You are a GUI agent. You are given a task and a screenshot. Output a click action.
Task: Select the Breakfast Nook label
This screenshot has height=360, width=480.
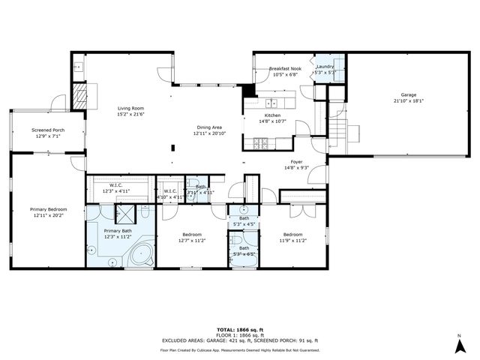(x=284, y=69)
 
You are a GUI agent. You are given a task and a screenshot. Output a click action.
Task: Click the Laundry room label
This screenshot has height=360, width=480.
(x=325, y=67)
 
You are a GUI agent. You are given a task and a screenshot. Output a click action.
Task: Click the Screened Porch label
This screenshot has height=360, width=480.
(x=46, y=130)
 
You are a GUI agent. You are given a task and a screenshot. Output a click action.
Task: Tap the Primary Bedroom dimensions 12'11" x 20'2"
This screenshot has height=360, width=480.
(x=49, y=215)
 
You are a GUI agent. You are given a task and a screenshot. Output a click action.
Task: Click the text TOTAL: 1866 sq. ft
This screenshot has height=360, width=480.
(x=239, y=329)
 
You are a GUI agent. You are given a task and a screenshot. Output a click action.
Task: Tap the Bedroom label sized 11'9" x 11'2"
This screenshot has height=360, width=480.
(x=292, y=234)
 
